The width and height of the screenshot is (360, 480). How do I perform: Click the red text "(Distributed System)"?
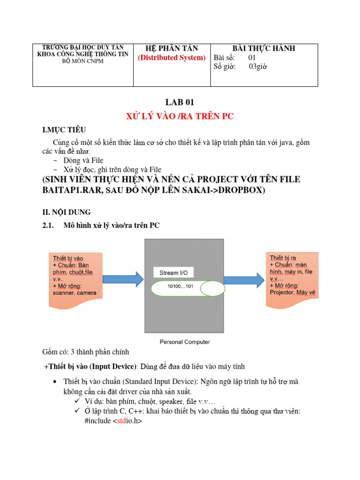(x=172, y=58)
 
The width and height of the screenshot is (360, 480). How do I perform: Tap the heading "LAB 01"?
(x=180, y=103)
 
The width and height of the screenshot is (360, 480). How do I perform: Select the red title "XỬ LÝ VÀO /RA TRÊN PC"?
(x=180, y=117)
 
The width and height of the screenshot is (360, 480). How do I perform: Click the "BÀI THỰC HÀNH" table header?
(x=264, y=48)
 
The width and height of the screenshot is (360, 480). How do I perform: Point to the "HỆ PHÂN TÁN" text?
(x=172, y=48)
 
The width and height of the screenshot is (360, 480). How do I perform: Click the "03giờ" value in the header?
(x=257, y=67)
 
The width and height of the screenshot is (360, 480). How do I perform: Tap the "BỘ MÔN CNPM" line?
(x=82, y=61)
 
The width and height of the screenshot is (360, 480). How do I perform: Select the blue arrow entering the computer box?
(x=122, y=280)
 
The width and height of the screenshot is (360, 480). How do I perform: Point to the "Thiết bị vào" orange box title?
(x=68, y=258)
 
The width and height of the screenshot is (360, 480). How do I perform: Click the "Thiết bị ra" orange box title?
(x=283, y=258)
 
